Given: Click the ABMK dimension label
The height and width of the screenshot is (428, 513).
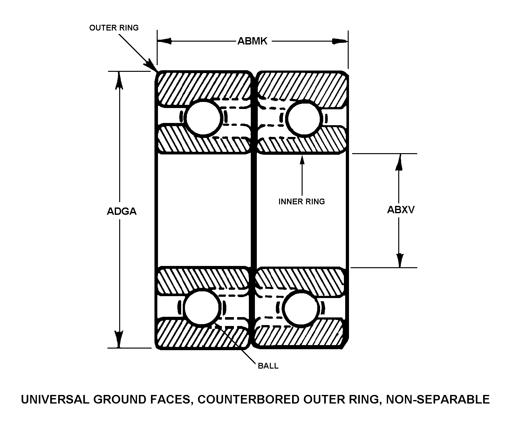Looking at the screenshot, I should [x=252, y=41].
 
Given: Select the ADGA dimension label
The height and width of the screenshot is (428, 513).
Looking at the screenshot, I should [x=121, y=211].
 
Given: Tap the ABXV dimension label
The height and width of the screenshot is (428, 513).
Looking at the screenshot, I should [x=401, y=210].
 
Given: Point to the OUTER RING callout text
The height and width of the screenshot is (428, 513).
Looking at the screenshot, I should [x=114, y=28].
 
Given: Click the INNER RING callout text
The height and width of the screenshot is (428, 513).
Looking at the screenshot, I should [x=302, y=201].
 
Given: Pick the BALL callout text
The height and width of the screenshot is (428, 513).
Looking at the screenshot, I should [x=268, y=366].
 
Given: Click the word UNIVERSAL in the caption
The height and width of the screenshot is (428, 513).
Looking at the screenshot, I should [x=55, y=399].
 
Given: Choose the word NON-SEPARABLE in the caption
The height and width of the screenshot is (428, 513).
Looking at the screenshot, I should [x=438, y=399].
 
